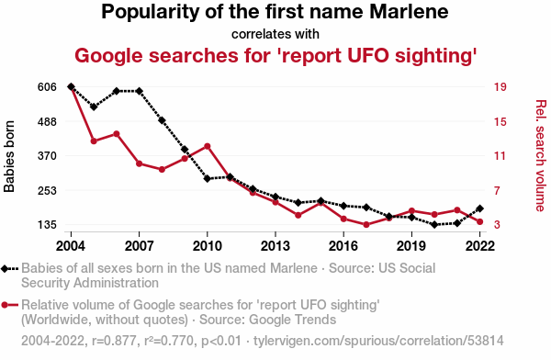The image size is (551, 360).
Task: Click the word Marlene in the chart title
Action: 409,12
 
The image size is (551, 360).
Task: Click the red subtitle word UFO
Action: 368,55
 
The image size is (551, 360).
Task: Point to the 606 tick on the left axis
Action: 47,87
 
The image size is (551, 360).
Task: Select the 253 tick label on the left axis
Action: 47,190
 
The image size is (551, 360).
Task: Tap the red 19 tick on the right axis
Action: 500,87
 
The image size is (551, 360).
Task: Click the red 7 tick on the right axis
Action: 497,190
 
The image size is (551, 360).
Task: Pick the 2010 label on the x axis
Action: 208,246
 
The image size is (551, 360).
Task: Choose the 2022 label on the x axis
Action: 479,246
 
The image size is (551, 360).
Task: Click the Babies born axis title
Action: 9,156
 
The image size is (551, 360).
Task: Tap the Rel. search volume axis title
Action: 541,156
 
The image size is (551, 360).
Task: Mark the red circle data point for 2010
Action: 208,146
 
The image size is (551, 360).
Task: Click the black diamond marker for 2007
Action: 140,91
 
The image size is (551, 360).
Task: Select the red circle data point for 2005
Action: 94,141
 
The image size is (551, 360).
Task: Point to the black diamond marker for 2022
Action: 479,208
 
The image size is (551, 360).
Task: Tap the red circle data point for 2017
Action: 366,225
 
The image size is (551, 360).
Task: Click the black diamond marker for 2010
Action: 208,178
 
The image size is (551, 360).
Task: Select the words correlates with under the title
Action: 275,34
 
